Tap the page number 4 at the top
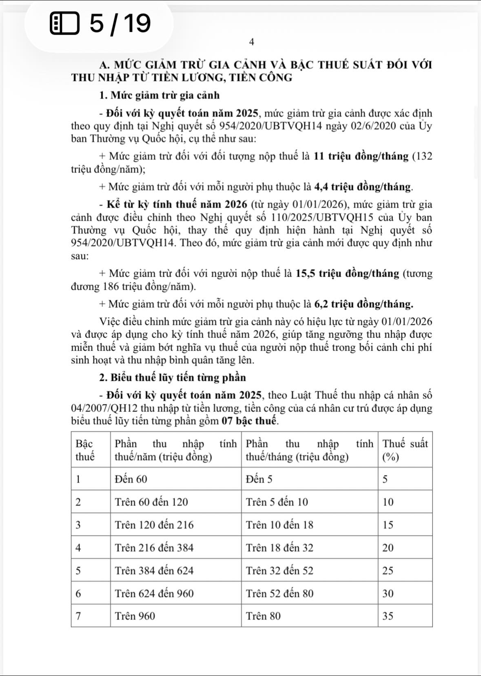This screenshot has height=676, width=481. click(x=251, y=42)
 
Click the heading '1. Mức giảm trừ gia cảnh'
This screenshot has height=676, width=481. click(x=159, y=96)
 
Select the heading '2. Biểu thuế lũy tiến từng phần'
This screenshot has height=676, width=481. click(x=173, y=378)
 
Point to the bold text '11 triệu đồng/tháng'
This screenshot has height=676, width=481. click(x=361, y=156)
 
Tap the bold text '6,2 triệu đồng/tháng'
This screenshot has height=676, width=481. click(x=364, y=304)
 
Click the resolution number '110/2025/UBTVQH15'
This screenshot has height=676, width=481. click(x=322, y=217)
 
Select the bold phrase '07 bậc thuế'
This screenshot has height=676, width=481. click(x=250, y=421)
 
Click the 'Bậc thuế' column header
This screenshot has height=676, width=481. click(x=85, y=450)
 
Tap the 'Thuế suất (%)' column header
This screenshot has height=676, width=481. click(x=405, y=450)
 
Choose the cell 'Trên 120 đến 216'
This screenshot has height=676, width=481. click(x=154, y=525)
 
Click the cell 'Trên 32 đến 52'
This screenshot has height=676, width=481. click(x=279, y=571)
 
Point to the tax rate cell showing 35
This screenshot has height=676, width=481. click(x=388, y=616)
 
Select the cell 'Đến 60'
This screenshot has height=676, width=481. click(x=131, y=479)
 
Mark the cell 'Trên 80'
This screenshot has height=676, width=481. click(x=263, y=616)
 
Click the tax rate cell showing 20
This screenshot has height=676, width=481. click(x=388, y=548)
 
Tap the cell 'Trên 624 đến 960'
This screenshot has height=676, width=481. click(x=154, y=594)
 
